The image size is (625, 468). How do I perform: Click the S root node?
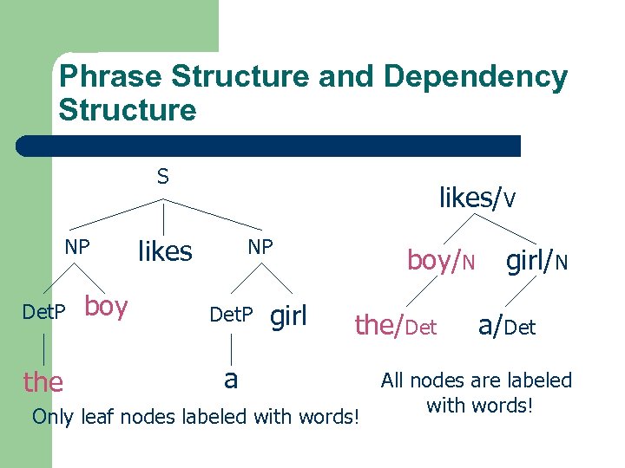pos(163,178)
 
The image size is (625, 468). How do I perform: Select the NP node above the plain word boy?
pos(77,247)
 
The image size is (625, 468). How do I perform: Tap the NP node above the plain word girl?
pos(260,247)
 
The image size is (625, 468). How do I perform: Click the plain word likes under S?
pos(165,251)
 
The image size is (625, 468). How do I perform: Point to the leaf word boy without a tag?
pos(107,307)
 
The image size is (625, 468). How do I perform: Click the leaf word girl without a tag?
pos(289,316)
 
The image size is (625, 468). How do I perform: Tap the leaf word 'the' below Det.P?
pos(43,381)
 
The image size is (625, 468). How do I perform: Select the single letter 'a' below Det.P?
pos(231,378)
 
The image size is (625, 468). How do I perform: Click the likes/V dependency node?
pos(477,198)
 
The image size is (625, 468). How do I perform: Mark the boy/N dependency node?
pos(441,260)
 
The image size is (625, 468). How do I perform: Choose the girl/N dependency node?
pos(537,259)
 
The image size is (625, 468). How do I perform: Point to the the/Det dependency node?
pos(395,326)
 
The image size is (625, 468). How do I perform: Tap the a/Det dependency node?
pos(507,326)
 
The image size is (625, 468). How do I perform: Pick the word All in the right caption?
pos(393,380)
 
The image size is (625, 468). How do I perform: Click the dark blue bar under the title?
pos(269,146)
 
